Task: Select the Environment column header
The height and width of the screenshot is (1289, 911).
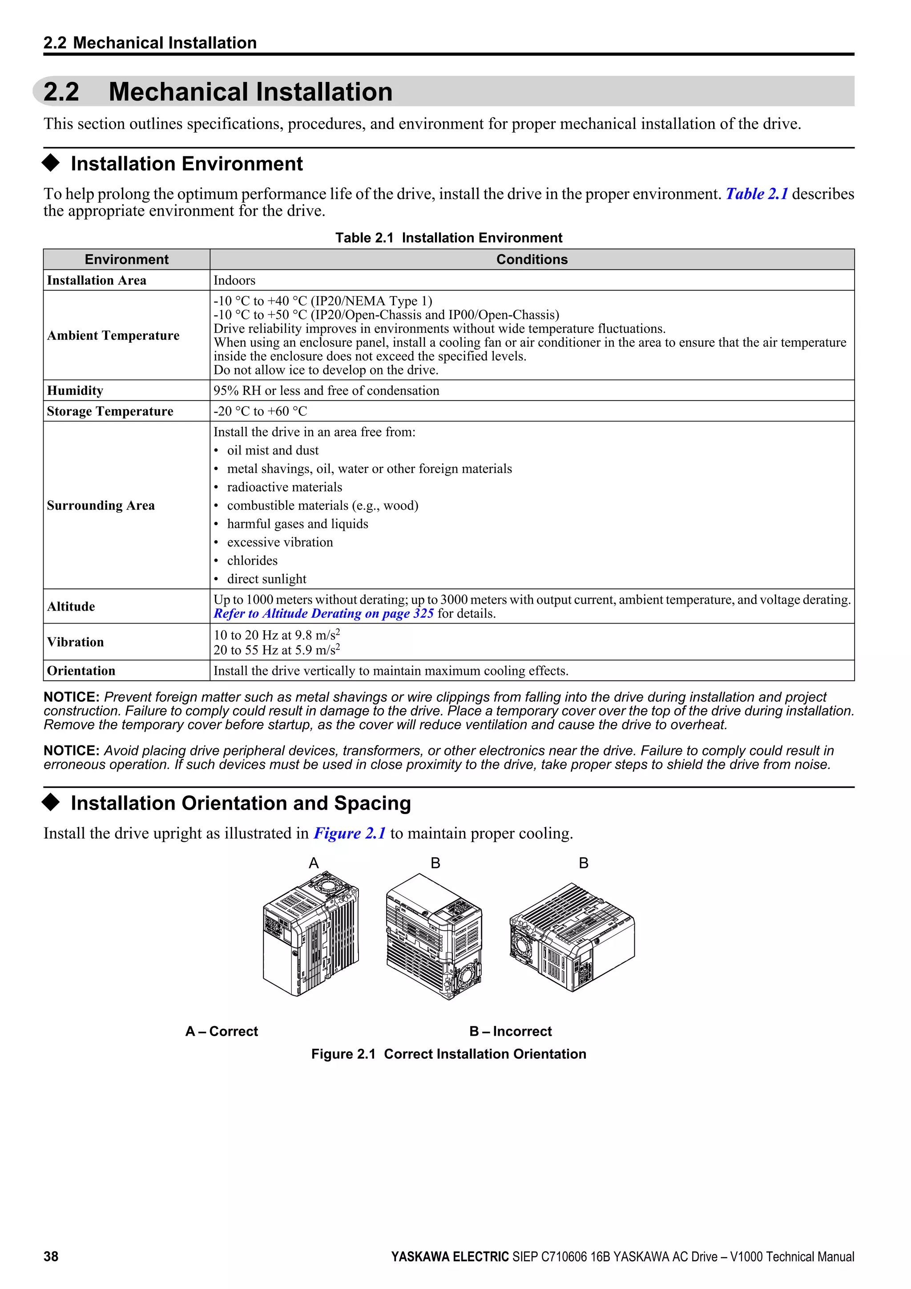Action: click(x=126, y=259)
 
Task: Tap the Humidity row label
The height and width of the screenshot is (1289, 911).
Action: click(x=75, y=391)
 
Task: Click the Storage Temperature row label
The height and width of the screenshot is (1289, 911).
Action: click(x=110, y=412)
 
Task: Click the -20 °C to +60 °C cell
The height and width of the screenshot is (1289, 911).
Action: click(x=260, y=412)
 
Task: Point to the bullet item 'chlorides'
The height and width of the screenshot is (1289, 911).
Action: click(x=252, y=561)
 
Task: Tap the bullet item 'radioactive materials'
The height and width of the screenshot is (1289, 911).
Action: click(x=284, y=487)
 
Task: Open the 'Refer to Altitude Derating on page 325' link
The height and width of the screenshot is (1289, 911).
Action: click(x=324, y=614)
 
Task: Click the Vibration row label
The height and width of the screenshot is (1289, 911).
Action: click(x=75, y=642)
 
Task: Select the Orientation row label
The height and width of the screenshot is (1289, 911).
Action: click(x=81, y=671)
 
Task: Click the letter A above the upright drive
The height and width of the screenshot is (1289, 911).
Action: click(x=314, y=863)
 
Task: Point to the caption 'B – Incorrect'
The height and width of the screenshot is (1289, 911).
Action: click(x=511, y=1031)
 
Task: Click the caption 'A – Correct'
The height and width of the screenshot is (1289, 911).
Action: click(x=222, y=1031)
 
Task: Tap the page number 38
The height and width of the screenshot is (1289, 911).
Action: click(x=51, y=1257)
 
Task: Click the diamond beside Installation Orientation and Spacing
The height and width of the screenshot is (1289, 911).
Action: click(x=51, y=803)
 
